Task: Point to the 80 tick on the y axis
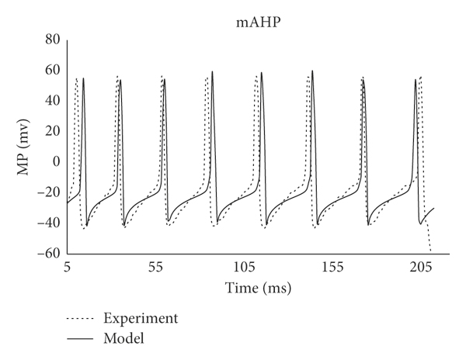coord(51,39)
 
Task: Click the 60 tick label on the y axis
coord(51,69)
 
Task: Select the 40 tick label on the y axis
coord(51,100)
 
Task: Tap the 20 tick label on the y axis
coord(51,131)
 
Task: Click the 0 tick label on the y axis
coord(55,161)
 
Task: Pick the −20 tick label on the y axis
coord(48,192)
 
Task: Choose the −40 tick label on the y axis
coord(48,223)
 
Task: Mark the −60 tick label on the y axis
coord(48,254)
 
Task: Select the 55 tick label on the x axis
coord(155,267)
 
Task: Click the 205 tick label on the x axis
coord(421,267)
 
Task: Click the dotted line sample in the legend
coord(81,319)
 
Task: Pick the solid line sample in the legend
coord(81,339)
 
